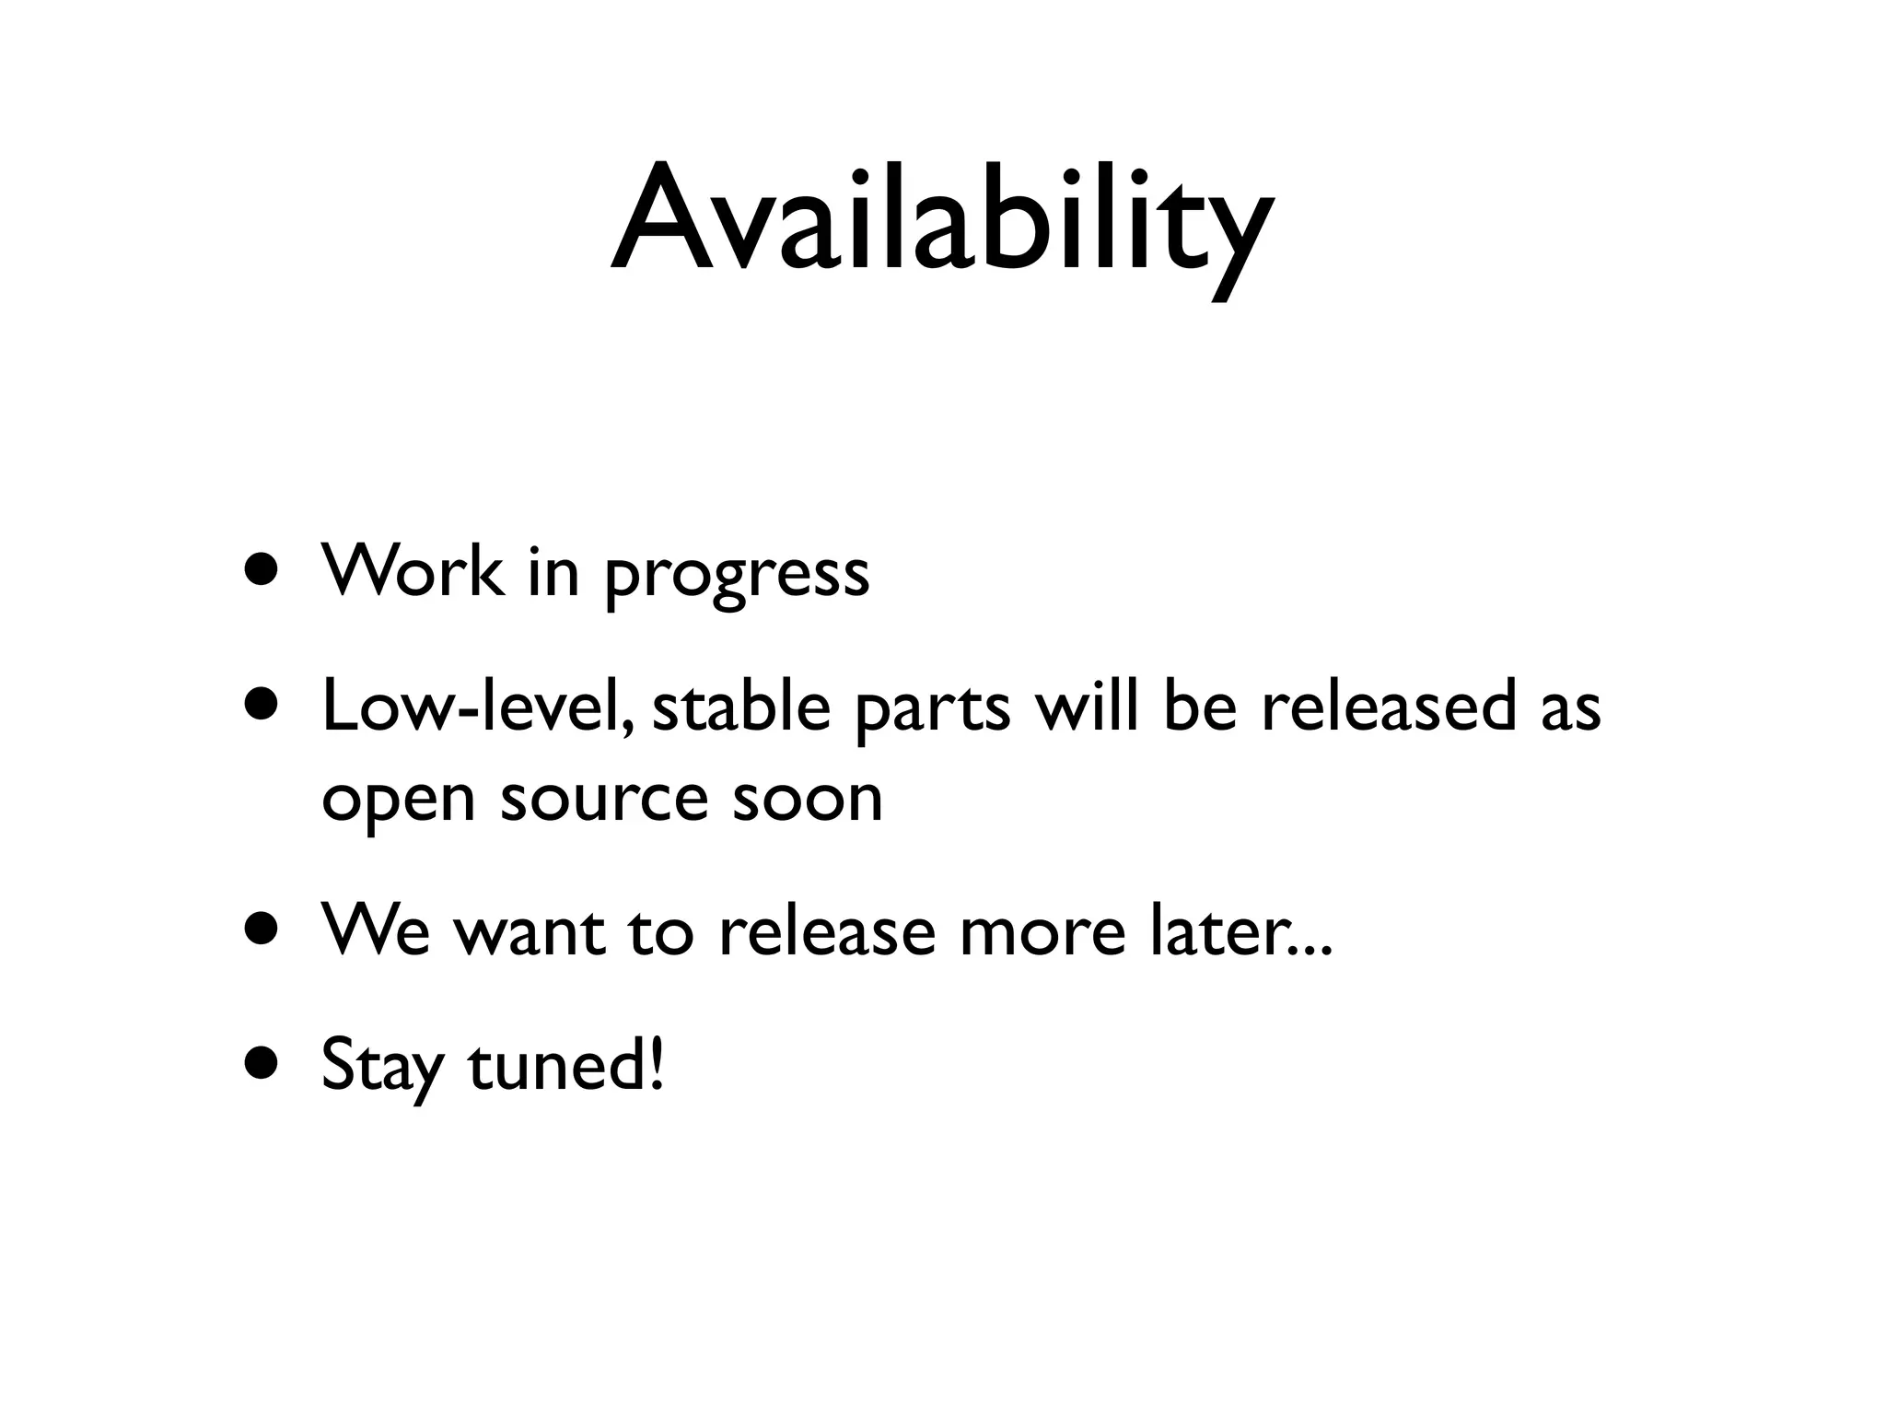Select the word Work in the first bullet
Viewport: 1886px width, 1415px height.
(413, 571)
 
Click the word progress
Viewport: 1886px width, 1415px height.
(737, 577)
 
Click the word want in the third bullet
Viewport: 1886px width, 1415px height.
(530, 932)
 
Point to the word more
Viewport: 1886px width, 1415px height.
(1042, 932)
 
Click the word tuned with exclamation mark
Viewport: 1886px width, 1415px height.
(565, 1064)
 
